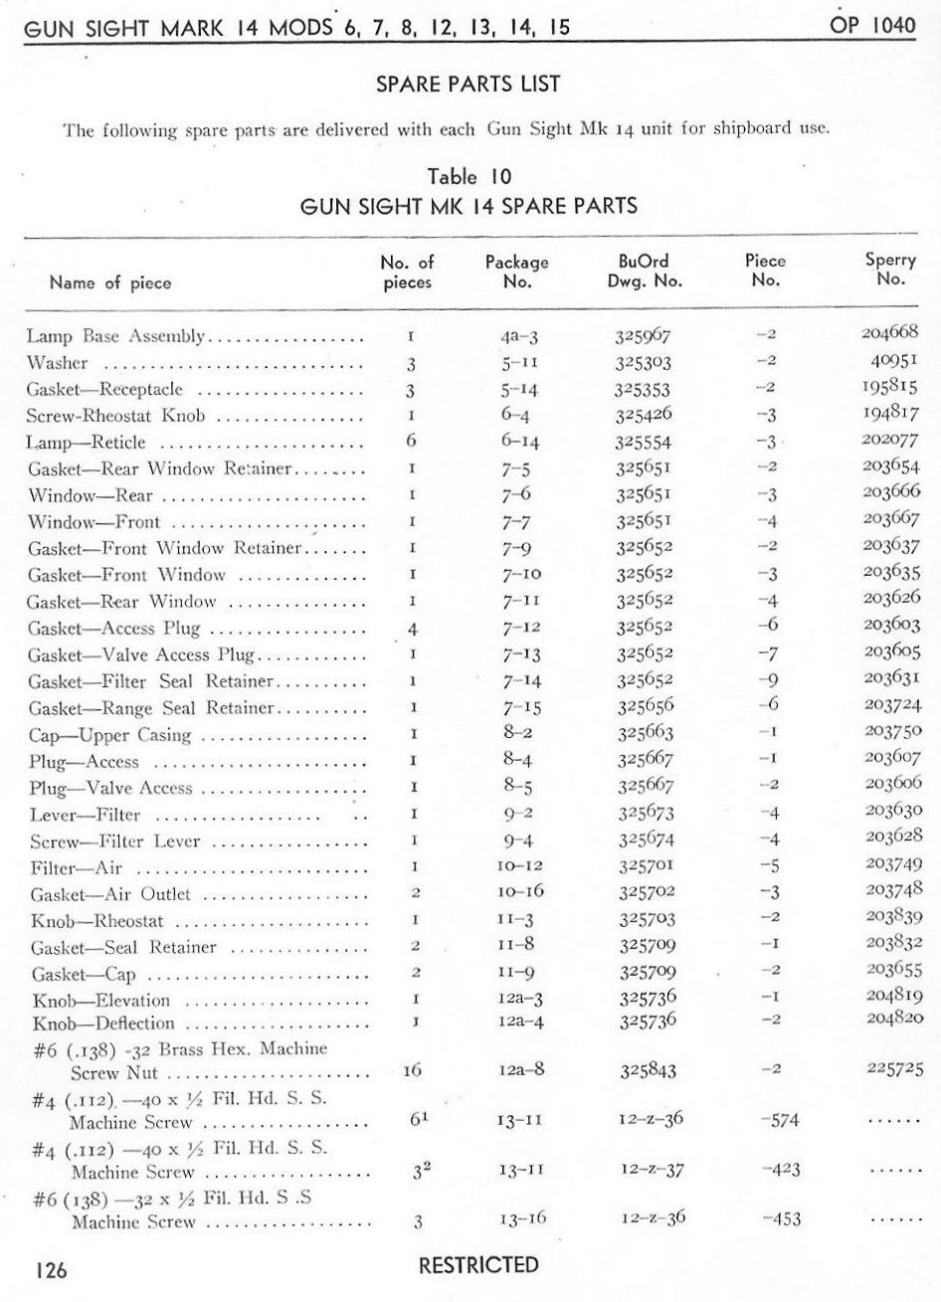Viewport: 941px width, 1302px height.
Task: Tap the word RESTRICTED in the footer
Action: pyautogui.click(x=478, y=1265)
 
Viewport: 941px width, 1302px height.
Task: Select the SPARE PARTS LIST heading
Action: pyautogui.click(x=469, y=85)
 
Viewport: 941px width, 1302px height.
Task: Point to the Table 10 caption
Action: pyautogui.click(x=469, y=177)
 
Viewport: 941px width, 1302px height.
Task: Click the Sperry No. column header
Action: pyautogui.click(x=890, y=270)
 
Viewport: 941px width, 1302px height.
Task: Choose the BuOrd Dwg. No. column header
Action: pyautogui.click(x=644, y=271)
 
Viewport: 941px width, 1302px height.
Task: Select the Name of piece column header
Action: pyautogui.click(x=110, y=282)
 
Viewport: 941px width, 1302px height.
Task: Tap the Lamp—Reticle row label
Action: pyautogui.click(x=87, y=442)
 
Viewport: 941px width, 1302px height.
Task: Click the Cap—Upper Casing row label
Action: pyautogui.click(x=110, y=736)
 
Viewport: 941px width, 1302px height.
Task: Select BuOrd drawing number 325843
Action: pyautogui.click(x=648, y=1071)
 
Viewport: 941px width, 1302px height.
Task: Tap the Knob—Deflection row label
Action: pyautogui.click(x=103, y=1023)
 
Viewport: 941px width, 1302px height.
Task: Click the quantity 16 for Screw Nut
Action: pyautogui.click(x=413, y=1071)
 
